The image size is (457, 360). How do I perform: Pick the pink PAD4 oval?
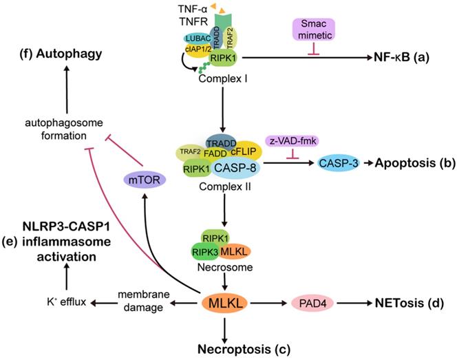tap(313, 302)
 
